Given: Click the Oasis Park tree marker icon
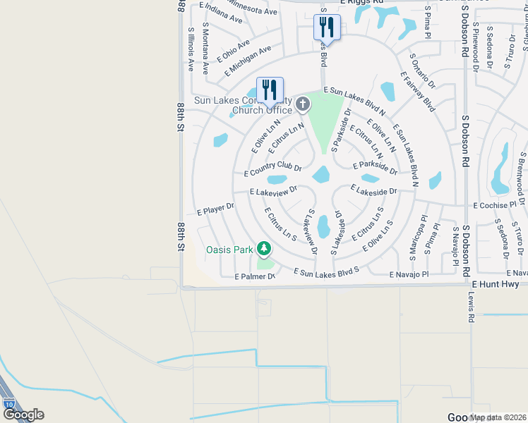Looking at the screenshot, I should point(264,248).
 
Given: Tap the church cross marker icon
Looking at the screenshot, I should point(302,105).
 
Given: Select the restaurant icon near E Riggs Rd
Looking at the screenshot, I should point(327,27).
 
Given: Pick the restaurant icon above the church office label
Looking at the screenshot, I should point(270,90).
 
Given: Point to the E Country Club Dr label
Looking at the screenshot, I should point(272,170).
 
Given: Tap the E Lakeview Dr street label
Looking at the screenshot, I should point(273,190).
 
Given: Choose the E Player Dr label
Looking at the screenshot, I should point(215,209).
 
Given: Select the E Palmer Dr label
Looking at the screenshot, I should point(254,276).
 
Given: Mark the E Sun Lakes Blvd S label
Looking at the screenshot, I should point(326,271).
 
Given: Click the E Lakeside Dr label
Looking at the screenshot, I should point(374,191).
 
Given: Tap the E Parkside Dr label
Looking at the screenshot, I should point(375,166).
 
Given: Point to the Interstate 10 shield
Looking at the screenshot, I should point(8,403).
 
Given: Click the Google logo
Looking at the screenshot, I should point(23,415).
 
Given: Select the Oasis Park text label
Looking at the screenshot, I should point(229,250).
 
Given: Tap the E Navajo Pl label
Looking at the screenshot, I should point(409,274).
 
